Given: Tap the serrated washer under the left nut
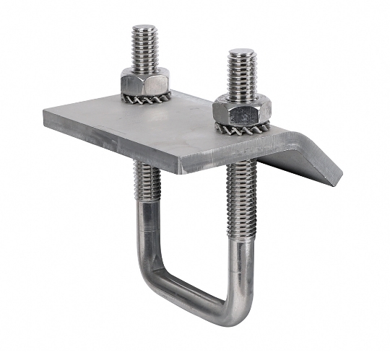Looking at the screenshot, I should (x=148, y=97).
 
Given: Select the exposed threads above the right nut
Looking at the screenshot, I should (x=242, y=76).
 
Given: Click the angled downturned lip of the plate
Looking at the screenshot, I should (x=307, y=155).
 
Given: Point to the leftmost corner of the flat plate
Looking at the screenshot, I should (x=45, y=114).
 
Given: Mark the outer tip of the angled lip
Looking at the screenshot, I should (x=336, y=180).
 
